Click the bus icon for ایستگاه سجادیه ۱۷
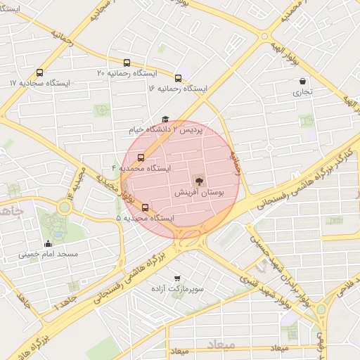coord(39,72)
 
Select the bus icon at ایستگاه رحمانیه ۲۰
coord(127,63)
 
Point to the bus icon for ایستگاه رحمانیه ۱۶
coord(178,78)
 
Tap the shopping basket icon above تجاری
coord(302,81)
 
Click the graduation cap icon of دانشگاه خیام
coord(165,120)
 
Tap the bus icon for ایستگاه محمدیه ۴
coord(141,157)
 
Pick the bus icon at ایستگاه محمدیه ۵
coord(146,207)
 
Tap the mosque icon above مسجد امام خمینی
coord(48,244)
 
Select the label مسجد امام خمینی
coord(48,255)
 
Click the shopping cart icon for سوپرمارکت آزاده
coord(176,278)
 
